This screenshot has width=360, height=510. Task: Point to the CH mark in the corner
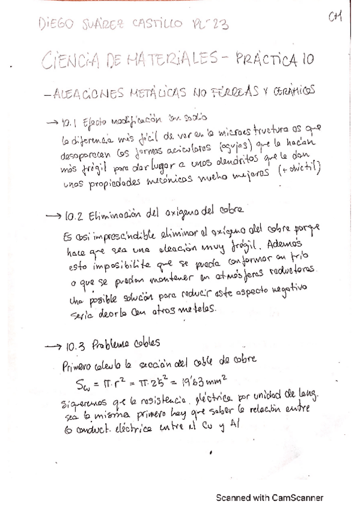335,16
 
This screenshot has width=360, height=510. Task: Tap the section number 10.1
66,119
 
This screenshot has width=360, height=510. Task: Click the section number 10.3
75,345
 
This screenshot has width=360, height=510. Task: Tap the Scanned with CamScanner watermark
269,497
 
